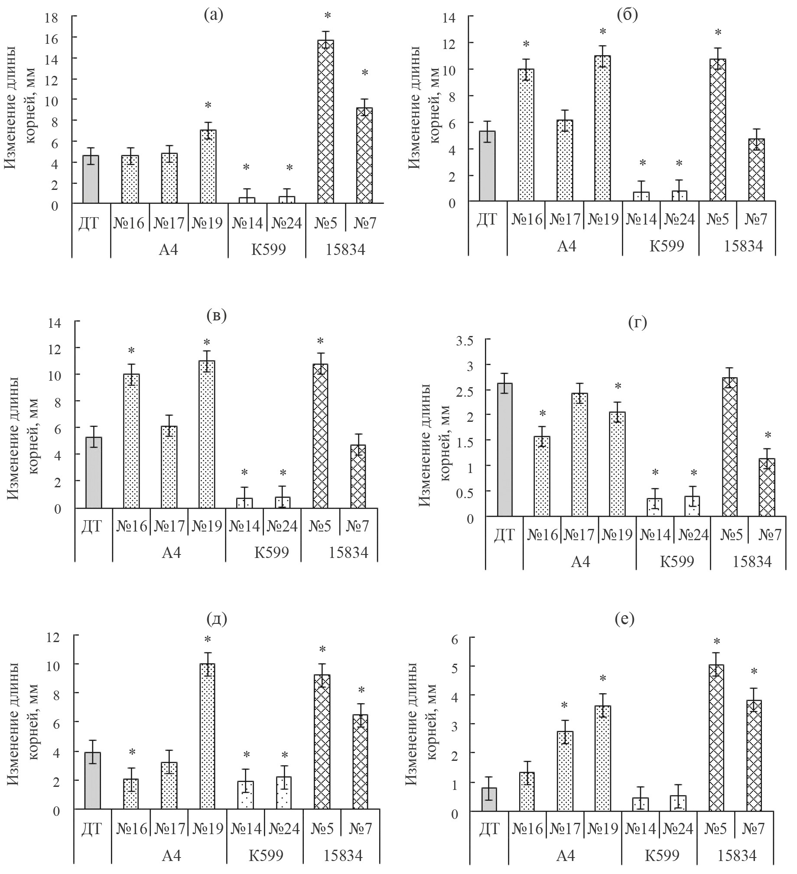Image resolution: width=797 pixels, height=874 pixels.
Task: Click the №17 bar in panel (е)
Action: click(564, 771)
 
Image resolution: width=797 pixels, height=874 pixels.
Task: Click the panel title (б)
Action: click(627, 16)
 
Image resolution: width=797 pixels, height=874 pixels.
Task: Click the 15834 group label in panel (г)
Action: click(752, 562)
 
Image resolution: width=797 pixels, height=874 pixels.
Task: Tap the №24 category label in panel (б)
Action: click(679, 219)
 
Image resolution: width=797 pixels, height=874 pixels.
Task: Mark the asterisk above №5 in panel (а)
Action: click(328, 16)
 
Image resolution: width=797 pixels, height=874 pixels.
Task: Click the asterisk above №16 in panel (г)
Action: click(542, 414)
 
